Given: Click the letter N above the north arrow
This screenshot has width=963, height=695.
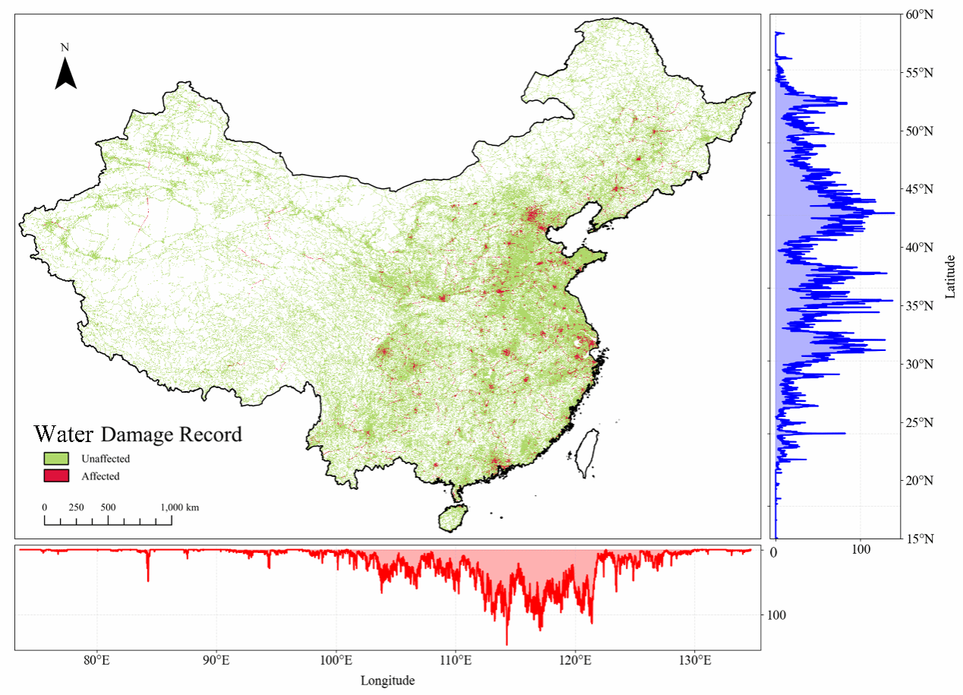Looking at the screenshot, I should coord(65,48).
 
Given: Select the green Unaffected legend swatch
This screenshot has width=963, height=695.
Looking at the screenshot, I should coord(55,458).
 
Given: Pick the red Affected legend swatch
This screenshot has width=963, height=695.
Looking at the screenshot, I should coord(55,475).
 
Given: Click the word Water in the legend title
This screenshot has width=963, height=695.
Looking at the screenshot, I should coord(64,434).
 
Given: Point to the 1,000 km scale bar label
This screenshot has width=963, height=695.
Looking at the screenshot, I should coord(180,507).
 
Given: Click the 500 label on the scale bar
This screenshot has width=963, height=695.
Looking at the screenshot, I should coord(108,507).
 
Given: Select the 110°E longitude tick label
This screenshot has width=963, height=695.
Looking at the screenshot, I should coord(456,660).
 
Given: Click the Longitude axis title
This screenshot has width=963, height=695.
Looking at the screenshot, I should coord(387,681).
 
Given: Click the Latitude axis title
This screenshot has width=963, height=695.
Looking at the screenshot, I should coord(950,276).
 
